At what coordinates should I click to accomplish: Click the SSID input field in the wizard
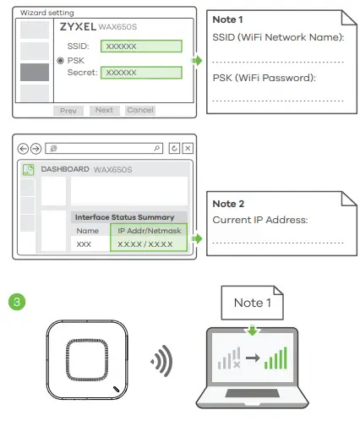click(x=139, y=46)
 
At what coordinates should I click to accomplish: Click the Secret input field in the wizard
click(x=139, y=74)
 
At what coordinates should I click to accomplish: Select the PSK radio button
click(x=61, y=61)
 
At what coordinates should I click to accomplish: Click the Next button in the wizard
click(x=104, y=110)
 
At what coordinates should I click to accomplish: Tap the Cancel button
click(x=140, y=110)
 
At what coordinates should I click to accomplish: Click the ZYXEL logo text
click(x=78, y=27)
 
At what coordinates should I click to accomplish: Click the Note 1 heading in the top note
click(x=228, y=19)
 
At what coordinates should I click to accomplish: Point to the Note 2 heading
click(x=228, y=204)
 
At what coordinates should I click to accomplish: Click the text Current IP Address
click(x=259, y=220)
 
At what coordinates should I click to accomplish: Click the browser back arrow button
click(x=24, y=148)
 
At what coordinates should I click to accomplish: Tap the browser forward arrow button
click(x=35, y=148)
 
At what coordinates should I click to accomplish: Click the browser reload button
click(x=174, y=148)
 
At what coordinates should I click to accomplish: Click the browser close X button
click(x=188, y=148)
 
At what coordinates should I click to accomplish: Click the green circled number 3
click(x=14, y=300)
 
